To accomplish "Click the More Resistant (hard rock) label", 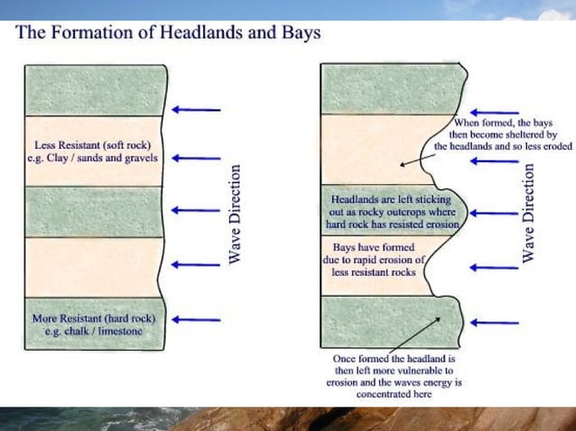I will [93, 318].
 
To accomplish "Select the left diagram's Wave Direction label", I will [234, 213].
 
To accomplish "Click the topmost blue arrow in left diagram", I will [197, 110].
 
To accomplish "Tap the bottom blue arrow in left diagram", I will [197, 319].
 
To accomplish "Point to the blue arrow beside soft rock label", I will [197, 157].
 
